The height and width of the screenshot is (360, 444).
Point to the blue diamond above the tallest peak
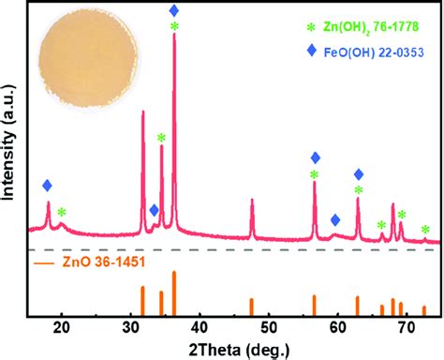[x=174, y=10]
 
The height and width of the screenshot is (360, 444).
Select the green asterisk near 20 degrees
[x=62, y=213]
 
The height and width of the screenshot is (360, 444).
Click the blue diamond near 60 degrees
[x=335, y=219]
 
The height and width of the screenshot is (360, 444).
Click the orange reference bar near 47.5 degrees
[x=251, y=307]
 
